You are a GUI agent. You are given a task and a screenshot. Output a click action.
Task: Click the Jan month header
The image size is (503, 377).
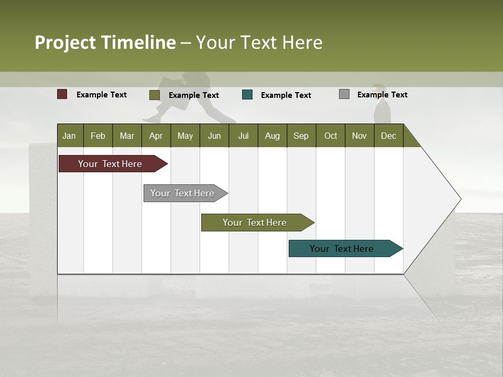70,136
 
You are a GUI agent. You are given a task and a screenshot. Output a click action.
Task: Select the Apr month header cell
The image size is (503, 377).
156,136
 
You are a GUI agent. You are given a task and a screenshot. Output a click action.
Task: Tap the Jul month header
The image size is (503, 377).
243,136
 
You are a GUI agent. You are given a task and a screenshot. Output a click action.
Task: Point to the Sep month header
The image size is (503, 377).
301,136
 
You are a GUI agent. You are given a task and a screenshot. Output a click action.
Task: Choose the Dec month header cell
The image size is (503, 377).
388,136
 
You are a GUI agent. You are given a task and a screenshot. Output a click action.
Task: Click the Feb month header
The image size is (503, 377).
98,136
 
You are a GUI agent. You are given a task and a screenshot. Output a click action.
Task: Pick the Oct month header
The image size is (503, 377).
331,136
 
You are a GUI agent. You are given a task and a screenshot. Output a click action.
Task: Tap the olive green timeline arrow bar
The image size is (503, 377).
255,223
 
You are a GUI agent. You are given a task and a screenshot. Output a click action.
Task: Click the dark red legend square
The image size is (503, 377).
62,94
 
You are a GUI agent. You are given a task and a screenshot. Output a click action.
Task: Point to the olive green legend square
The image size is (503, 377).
155,95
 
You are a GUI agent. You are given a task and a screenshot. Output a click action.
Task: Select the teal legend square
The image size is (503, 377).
247,95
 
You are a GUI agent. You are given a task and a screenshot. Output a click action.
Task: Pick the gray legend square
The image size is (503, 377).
344,94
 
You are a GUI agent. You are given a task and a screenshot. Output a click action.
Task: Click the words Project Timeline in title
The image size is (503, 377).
105,42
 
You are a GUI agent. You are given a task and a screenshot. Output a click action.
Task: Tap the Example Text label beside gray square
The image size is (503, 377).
382,95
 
